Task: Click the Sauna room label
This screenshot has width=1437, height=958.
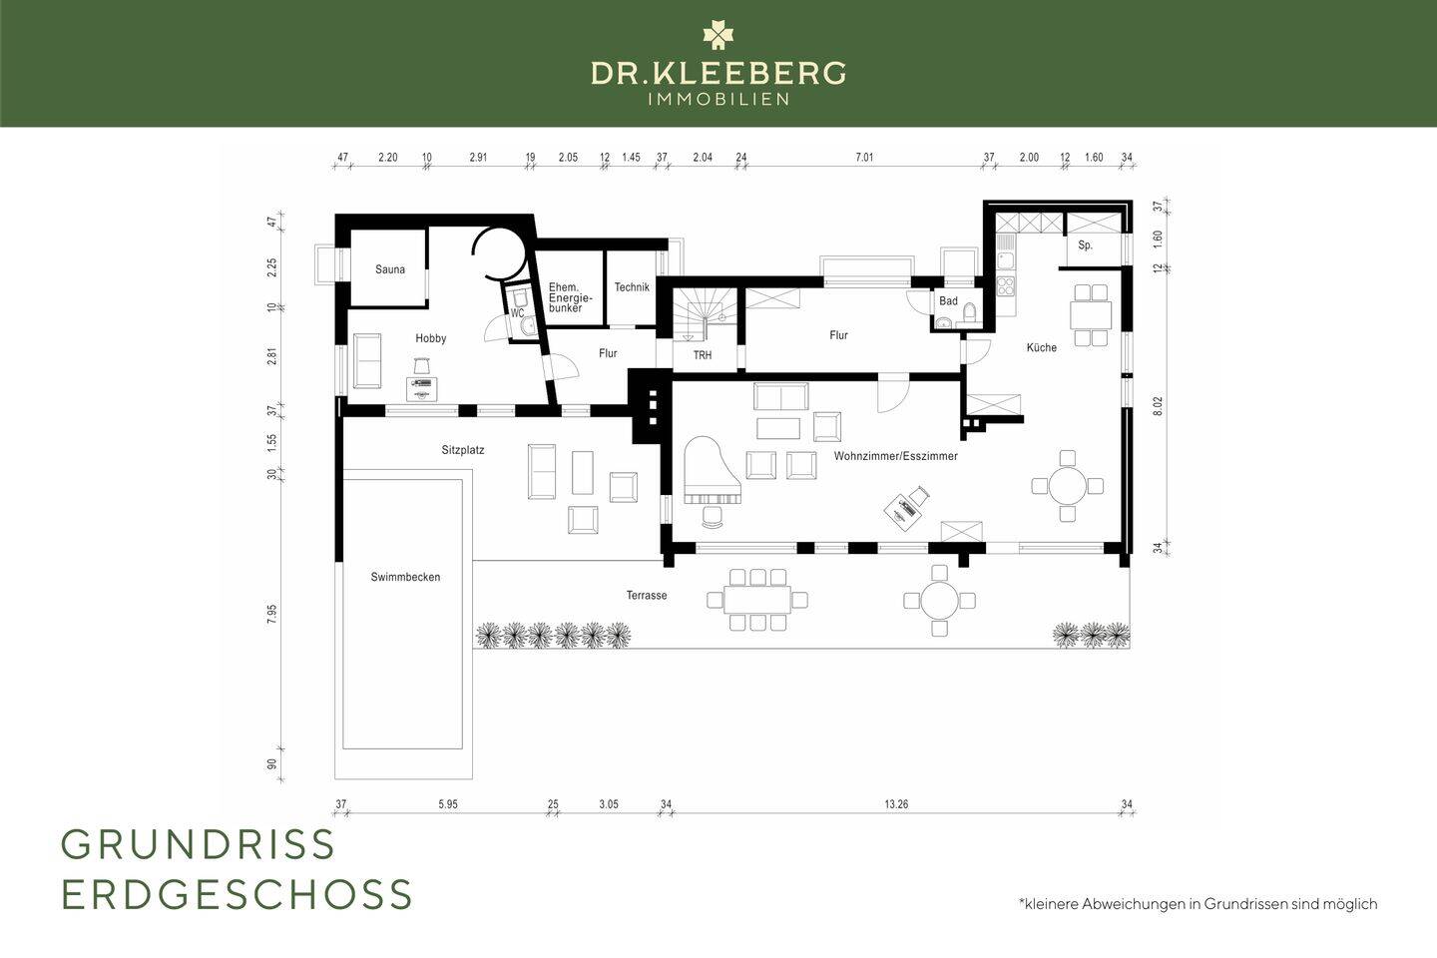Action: pos(390,269)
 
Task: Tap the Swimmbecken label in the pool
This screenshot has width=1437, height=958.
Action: pos(405,577)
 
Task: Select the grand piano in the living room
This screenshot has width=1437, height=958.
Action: pos(713,471)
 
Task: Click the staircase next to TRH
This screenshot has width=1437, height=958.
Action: pos(705,314)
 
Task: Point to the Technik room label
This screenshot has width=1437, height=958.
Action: pos(632,287)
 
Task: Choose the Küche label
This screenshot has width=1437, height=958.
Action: pos(1041,347)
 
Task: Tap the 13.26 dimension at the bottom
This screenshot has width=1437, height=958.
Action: pos(896,804)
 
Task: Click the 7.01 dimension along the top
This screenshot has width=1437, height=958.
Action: pos(864,158)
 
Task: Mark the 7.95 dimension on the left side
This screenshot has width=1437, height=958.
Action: pos(272,614)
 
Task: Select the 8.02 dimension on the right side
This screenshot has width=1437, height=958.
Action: pos(1158,406)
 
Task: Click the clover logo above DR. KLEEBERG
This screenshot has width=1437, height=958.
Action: pos(718,35)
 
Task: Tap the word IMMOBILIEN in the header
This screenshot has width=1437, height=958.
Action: pos(718,100)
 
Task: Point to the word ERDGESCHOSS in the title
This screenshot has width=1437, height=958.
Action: pos(237,894)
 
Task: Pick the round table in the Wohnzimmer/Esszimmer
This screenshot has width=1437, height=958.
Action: pos(1067,486)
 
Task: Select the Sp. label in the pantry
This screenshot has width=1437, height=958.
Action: pos(1085,245)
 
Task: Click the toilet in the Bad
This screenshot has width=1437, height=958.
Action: pos(969,311)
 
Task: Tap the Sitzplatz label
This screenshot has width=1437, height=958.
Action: pos(463,450)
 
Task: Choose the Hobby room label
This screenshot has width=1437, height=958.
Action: pos(430,339)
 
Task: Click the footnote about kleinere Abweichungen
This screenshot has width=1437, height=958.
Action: pos(1197,904)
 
